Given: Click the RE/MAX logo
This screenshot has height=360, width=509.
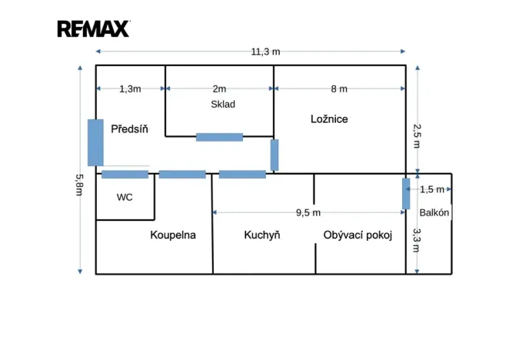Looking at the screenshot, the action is tap(94, 29).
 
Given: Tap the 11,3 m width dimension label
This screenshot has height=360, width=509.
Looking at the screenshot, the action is tap(265, 52).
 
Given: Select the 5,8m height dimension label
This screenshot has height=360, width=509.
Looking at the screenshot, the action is tap(79, 185).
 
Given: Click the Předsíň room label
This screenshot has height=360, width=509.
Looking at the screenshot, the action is tap(129, 129).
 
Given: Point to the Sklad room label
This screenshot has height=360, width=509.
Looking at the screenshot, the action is tap(223, 105).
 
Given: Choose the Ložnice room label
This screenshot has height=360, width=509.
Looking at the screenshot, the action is tap(329, 119).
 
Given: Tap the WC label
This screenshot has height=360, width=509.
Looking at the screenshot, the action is tap(125, 197).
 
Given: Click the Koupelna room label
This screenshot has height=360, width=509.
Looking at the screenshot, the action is tap(173, 235).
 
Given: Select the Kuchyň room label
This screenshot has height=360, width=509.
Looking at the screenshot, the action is tap(262, 235).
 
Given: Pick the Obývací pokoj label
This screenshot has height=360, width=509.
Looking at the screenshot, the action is tap(358, 235).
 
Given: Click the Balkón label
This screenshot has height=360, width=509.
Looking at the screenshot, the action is tap(434, 212).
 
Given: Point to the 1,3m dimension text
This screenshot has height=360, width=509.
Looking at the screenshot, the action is tap(130, 89).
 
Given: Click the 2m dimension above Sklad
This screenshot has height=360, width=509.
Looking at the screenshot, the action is tap(219, 88).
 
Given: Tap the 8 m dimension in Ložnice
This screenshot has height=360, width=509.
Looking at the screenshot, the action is tap(339, 88).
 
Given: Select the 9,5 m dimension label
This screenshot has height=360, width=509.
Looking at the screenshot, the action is tap(308, 213).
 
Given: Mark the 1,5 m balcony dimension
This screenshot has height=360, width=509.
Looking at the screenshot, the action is tap(432, 189).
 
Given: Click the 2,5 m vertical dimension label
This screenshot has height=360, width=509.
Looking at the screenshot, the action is tap(417, 136).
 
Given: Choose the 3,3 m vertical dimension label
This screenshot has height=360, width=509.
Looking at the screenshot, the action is tap(416, 241).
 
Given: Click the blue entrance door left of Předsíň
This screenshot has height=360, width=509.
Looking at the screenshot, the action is tap(95, 142).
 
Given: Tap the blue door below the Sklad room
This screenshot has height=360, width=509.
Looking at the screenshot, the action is tap(219, 137).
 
